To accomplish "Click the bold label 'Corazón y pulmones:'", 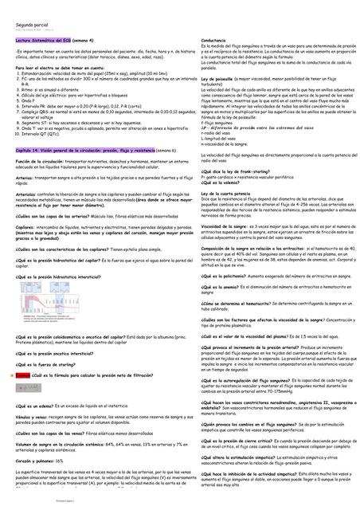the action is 37,461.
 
